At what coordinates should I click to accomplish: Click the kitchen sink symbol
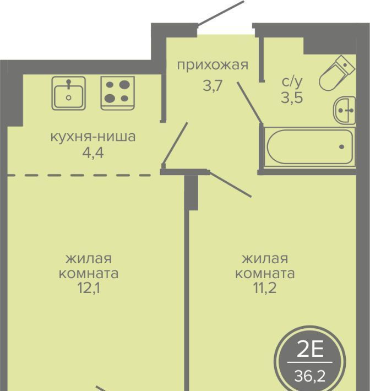(69, 93)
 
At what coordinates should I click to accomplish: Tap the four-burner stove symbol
(118, 93)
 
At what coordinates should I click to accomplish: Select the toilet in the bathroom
(337, 73)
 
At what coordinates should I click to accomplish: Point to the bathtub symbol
(310, 146)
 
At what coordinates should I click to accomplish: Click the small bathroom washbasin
(345, 110)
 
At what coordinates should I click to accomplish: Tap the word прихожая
(213, 66)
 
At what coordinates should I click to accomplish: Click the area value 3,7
(213, 86)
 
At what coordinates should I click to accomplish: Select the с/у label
(292, 82)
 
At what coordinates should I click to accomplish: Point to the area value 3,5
(292, 97)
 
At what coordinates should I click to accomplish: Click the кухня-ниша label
(93, 137)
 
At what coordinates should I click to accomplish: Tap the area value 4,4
(93, 153)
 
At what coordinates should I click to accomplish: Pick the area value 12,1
(89, 288)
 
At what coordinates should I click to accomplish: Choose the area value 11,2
(265, 288)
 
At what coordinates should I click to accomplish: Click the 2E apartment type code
(310, 349)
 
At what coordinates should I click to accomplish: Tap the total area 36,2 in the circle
(310, 376)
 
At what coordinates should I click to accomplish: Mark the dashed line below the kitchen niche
(79, 175)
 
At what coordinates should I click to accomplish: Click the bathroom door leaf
(249, 102)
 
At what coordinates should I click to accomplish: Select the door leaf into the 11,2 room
(230, 184)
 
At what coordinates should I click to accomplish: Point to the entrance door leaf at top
(221, 13)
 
